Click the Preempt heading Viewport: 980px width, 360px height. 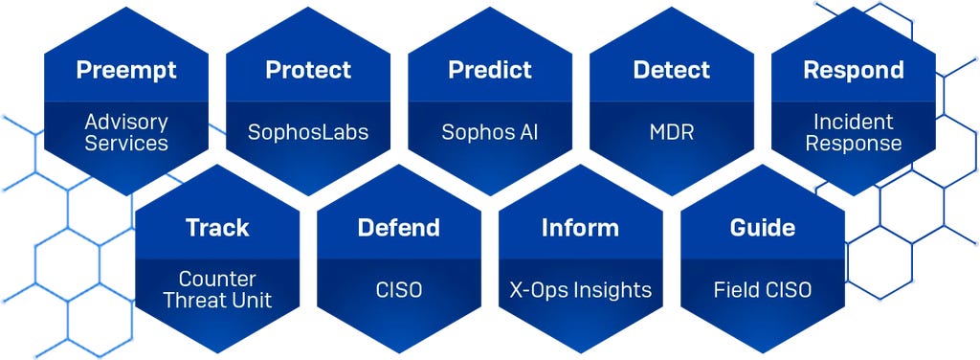point(125,71)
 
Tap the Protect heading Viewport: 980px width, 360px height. point(308,71)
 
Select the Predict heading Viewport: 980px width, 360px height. point(489,71)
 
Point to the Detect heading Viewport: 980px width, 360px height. point(672,71)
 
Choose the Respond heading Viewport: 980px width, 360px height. point(853,71)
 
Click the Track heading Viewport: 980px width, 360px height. point(217,228)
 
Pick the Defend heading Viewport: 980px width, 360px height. point(399,228)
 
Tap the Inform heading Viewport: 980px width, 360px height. point(580,228)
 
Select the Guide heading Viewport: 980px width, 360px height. point(763,228)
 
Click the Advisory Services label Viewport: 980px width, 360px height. point(125,133)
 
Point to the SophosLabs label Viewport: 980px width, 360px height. point(308,132)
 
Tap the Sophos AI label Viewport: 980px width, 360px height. point(489,132)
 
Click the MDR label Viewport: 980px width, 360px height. point(672,132)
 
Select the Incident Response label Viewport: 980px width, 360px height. point(853,133)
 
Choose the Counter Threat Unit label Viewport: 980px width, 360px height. point(217,290)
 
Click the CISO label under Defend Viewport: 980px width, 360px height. point(399,289)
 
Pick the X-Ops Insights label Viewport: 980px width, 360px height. point(580,289)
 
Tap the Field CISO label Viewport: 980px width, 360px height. point(763,289)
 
